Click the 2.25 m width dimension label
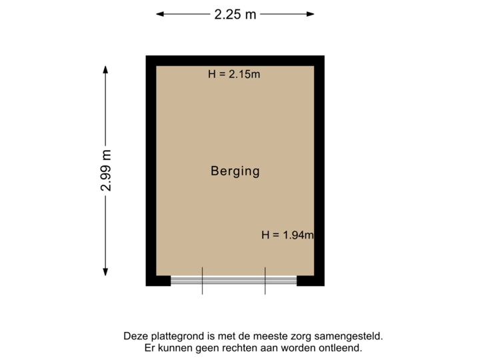(235, 13)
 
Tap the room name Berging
(235, 171)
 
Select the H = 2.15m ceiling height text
(234, 75)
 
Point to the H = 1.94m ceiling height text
(287, 235)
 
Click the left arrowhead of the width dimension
(159, 13)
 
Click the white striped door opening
(233, 281)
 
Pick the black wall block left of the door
(158, 281)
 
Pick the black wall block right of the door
(311, 281)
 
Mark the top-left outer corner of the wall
(147, 56)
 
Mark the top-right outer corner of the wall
(325, 56)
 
